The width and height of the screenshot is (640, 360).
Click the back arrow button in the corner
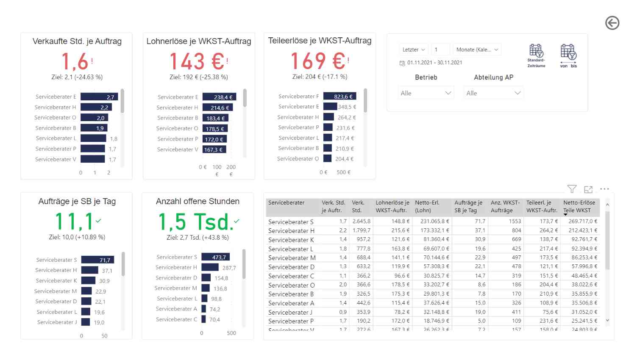click(x=612, y=23)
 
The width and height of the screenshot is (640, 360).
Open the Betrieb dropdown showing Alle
click(x=426, y=93)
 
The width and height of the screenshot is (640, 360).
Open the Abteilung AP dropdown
click(x=493, y=93)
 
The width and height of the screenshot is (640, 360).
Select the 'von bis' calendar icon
click(x=568, y=53)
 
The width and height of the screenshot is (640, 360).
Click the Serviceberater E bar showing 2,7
click(x=99, y=97)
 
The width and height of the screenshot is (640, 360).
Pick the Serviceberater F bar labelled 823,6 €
click(x=339, y=97)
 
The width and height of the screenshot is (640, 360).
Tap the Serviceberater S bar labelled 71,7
click(x=97, y=260)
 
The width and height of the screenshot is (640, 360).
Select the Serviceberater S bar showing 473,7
click(x=215, y=257)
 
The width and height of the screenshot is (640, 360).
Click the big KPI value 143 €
click(x=197, y=61)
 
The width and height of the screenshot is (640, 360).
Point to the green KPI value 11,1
click(x=75, y=221)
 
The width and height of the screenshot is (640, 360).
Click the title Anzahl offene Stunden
click(x=198, y=202)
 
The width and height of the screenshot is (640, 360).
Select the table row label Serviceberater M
click(x=292, y=258)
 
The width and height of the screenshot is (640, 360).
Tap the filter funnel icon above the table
click(x=572, y=189)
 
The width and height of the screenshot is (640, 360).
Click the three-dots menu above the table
click(x=604, y=189)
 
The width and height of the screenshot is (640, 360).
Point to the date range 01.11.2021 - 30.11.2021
click(x=434, y=63)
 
